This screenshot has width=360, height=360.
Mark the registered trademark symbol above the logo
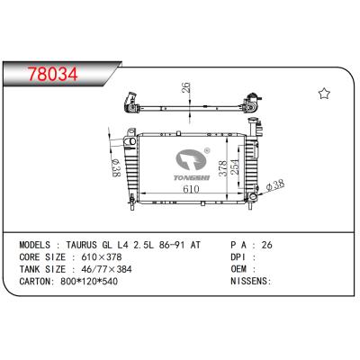click(207, 153)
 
